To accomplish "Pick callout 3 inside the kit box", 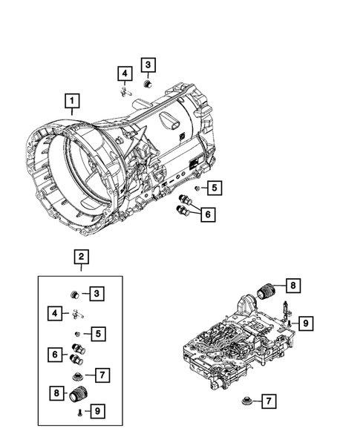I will [x=97, y=295].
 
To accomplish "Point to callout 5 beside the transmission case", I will [x=213, y=188].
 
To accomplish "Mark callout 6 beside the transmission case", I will [x=209, y=214].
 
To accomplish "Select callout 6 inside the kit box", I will [x=55, y=355].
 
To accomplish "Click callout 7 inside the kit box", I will [x=103, y=375].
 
